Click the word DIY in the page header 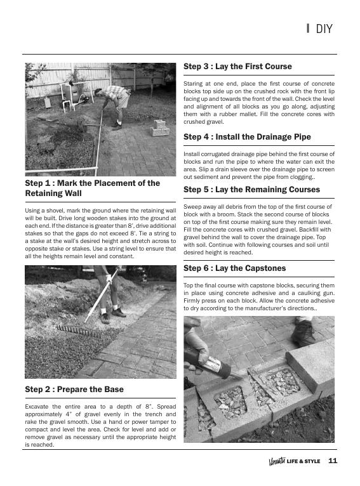(324, 29)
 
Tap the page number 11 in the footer (333, 461)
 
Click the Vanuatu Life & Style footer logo (294, 461)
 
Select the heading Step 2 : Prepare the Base (74, 389)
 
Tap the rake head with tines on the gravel (76, 331)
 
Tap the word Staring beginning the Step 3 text (193, 84)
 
